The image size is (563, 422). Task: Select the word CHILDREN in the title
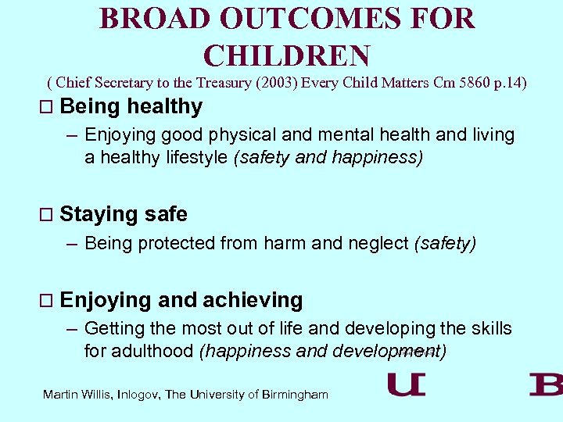pyautogui.click(x=286, y=55)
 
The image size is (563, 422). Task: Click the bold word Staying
pyautogui.click(x=99, y=214)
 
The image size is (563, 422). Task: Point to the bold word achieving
pyautogui.click(x=253, y=300)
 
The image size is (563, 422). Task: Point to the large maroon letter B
pyautogui.click(x=545, y=384)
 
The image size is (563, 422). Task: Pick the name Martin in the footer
pyautogui.click(x=61, y=395)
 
